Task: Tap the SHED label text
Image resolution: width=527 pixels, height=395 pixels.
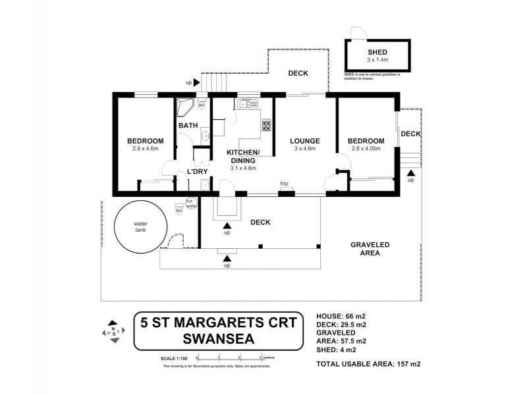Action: point(377,53)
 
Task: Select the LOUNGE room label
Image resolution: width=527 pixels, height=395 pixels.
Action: point(305,141)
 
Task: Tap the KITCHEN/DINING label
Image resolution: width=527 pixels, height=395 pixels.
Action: point(243,157)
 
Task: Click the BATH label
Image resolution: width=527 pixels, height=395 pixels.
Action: point(188,126)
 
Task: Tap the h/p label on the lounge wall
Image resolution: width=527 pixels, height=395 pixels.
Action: point(285,184)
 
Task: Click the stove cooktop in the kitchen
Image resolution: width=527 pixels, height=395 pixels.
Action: point(267,125)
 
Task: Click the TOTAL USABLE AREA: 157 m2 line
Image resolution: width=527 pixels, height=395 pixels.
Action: point(368,363)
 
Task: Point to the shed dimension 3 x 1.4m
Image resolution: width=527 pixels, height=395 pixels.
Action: point(377,61)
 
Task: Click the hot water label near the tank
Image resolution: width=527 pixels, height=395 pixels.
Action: point(191,203)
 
